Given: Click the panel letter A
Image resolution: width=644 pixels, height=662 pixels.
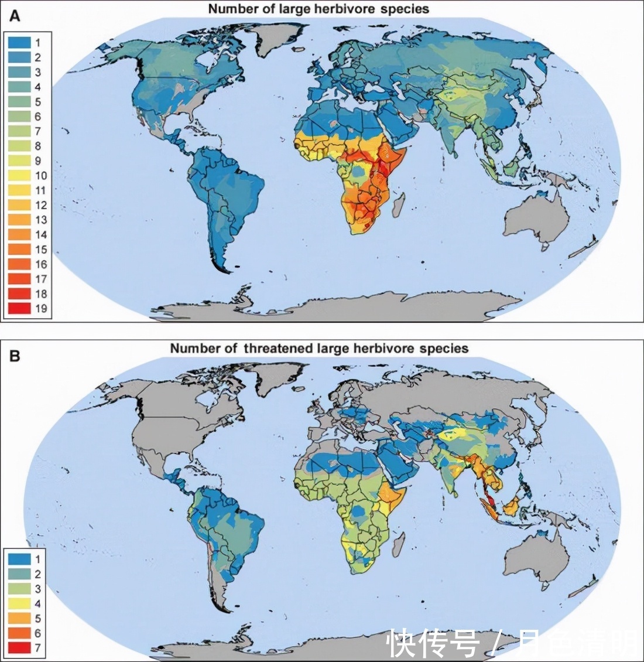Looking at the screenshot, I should click(x=15, y=16).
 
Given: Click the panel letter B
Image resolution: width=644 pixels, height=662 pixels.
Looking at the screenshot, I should click(x=15, y=356).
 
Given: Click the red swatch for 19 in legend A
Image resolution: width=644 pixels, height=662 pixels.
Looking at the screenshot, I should click(x=19, y=309).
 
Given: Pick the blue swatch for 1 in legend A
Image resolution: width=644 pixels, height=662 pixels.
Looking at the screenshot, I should click(x=19, y=42).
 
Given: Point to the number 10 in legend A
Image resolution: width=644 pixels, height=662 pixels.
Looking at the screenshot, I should click(x=40, y=175).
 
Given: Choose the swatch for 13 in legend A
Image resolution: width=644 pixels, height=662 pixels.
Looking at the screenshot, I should click(x=19, y=220).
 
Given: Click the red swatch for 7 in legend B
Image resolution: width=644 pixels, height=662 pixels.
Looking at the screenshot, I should click(x=19, y=647).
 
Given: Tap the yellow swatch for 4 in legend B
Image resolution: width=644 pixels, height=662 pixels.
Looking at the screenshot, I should click(x=19, y=603).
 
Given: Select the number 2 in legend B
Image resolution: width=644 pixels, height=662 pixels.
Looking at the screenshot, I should click(x=38, y=574).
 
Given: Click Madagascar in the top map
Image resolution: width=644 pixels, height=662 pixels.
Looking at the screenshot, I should click(x=398, y=206).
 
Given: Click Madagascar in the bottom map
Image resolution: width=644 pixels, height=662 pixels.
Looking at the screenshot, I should click(x=398, y=546).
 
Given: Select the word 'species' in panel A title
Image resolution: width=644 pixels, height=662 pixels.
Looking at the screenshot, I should click(x=407, y=9).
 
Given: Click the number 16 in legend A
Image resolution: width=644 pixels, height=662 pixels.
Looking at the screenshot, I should click(x=40, y=264).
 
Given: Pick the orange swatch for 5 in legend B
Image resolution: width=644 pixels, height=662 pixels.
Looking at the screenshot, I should click(x=19, y=618).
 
